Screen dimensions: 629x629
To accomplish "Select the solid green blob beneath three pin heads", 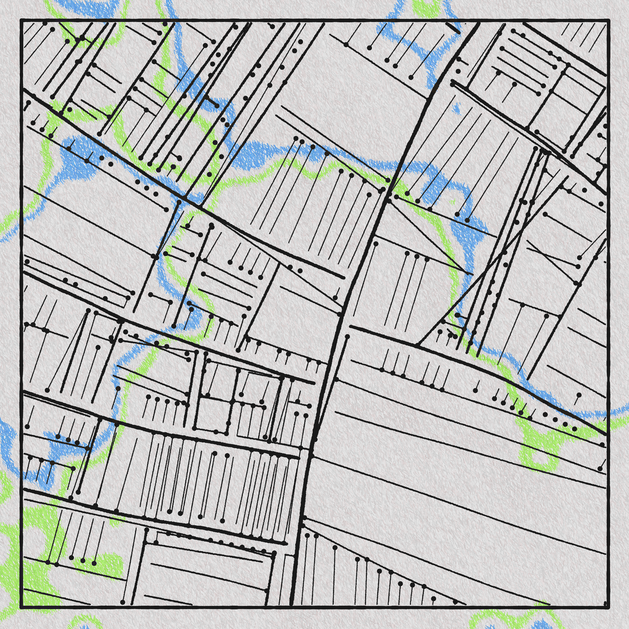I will [107, 534].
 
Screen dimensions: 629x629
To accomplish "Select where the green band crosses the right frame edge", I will [608, 423].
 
